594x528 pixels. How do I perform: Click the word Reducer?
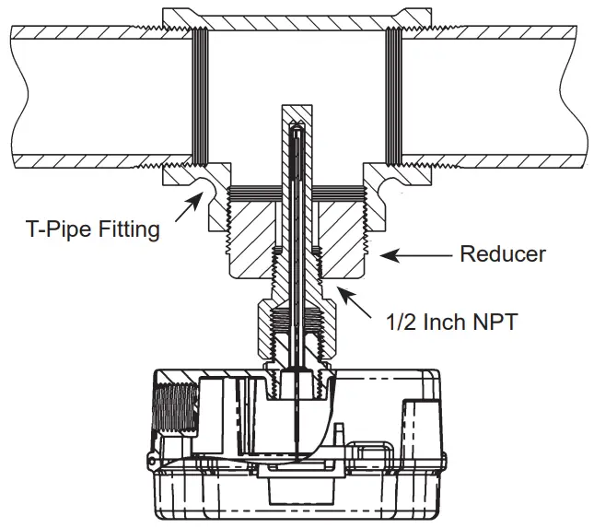coord(502,253)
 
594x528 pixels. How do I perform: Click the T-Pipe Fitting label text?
coord(92,229)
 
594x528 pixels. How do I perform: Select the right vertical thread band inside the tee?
coord(392,92)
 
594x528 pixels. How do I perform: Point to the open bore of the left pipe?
coord(92,92)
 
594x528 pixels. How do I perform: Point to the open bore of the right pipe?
coord(497,92)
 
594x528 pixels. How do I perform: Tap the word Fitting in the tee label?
coord(129,229)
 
